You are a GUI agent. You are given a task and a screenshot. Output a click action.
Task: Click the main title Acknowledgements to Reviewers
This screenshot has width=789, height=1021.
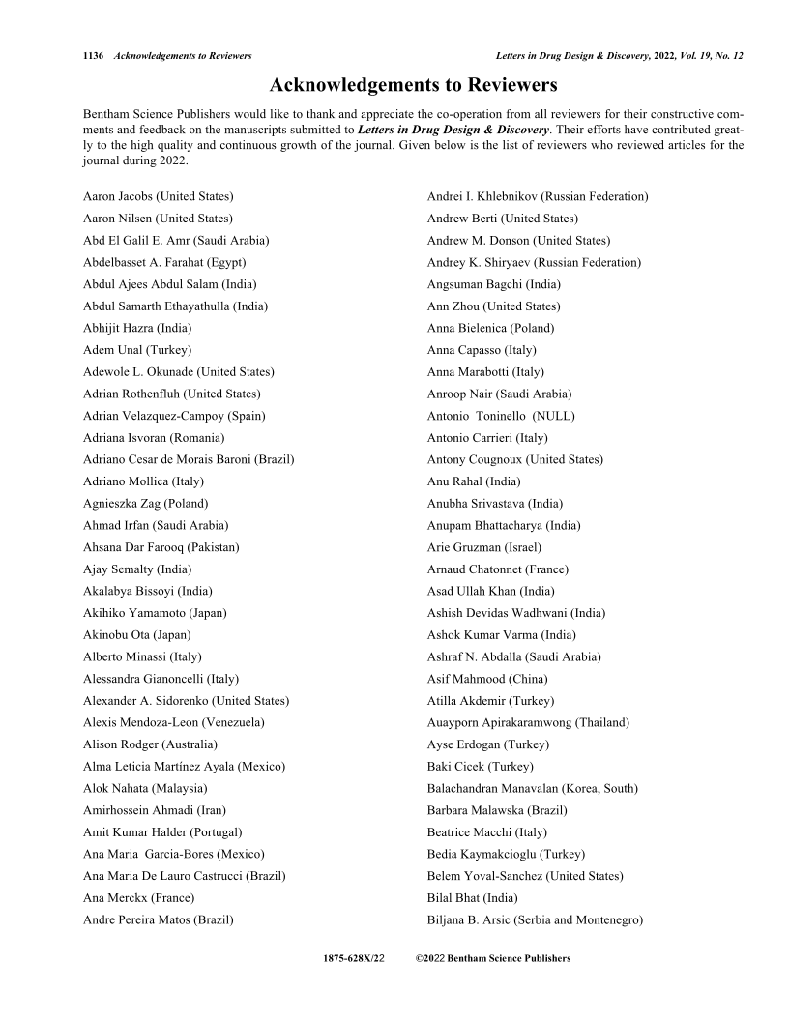413,87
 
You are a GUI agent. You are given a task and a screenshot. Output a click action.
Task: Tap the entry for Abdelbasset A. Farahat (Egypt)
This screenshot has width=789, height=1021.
164,262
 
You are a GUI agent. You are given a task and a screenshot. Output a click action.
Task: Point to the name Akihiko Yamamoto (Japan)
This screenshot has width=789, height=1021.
155,612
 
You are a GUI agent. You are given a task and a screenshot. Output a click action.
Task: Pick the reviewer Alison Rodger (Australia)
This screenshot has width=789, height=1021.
150,744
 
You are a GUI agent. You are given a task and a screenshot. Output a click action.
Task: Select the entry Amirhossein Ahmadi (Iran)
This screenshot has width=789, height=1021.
155,810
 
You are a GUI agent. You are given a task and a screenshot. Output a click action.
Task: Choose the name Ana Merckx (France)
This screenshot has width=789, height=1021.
138,897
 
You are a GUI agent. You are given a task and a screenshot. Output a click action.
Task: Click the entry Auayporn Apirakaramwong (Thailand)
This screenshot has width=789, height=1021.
528,722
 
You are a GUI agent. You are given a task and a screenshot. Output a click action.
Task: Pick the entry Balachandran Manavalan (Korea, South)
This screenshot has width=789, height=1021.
533,788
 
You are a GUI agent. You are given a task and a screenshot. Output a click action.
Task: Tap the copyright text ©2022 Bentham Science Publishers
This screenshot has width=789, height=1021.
493,959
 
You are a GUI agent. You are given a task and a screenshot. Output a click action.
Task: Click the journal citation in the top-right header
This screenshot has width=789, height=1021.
619,56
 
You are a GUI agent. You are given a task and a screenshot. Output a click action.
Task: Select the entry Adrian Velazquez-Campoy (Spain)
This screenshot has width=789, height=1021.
174,416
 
